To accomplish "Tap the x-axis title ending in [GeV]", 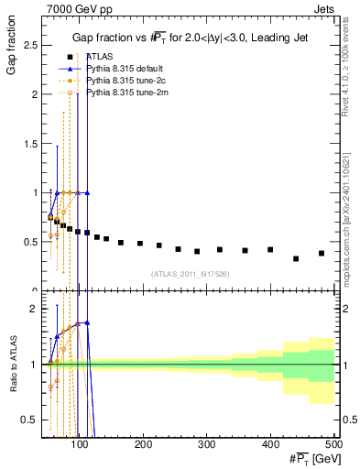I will coord(314,460).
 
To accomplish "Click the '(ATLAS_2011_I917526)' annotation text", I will coord(189,273).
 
